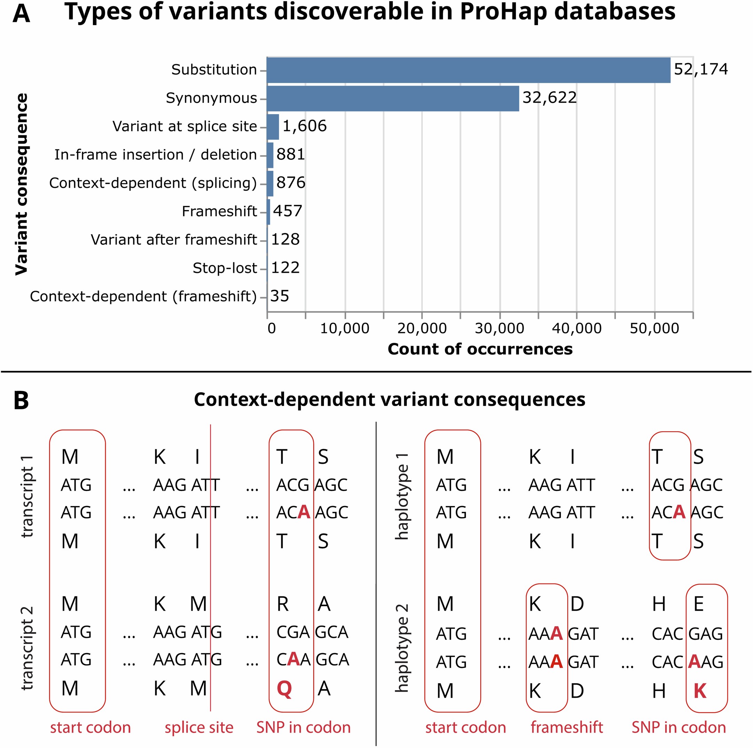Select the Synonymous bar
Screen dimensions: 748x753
[393, 98]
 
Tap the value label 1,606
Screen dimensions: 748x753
[304, 126]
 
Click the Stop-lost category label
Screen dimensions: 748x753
[224, 268]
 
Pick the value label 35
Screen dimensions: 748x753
[279, 296]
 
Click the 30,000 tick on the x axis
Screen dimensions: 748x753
[499, 328]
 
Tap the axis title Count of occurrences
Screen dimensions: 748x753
[480, 349]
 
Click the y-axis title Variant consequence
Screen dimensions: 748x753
[22, 184]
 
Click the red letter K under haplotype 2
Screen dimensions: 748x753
[700, 691]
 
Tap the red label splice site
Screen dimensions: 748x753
[199, 727]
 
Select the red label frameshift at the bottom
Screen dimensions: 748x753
[567, 727]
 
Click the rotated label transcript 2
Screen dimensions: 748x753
[27, 648]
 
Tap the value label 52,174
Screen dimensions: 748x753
[700, 69]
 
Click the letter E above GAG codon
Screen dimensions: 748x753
[699, 604]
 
